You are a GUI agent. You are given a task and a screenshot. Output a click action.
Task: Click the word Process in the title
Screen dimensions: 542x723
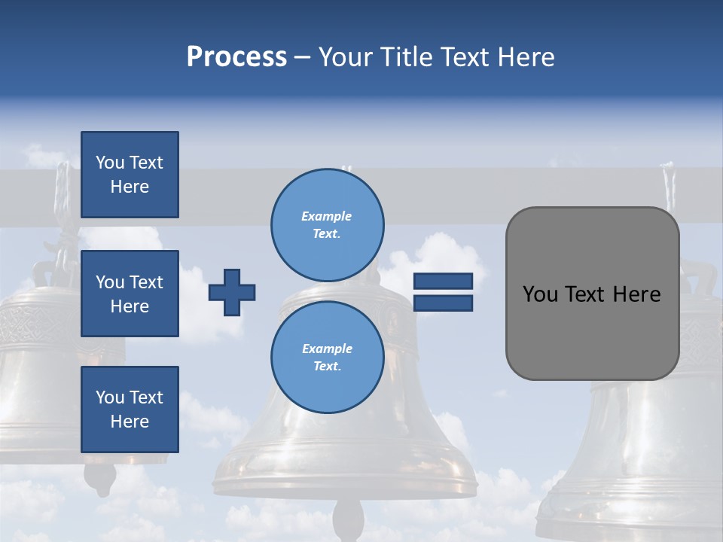(236, 57)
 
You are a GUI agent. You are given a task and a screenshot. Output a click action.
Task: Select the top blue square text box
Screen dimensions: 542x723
(130, 175)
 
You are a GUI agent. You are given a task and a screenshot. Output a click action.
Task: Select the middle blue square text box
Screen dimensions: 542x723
(130, 294)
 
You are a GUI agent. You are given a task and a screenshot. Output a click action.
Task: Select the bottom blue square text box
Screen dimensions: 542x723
(130, 410)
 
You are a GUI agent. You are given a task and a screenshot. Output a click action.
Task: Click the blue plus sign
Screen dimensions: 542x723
(232, 292)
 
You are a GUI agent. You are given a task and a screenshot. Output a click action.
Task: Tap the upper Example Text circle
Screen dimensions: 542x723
(327, 224)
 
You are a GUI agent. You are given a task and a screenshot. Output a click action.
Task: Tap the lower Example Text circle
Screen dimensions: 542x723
(327, 357)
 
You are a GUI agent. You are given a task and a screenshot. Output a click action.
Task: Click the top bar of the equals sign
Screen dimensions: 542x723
(443, 282)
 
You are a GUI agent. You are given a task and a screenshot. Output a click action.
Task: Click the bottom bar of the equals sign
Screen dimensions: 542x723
(443, 303)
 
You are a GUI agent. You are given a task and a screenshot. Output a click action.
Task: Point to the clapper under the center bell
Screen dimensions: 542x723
(348, 519)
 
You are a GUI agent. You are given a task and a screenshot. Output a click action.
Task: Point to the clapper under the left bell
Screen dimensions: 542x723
(100, 477)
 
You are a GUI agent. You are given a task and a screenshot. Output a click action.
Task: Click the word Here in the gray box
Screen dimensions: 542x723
(636, 294)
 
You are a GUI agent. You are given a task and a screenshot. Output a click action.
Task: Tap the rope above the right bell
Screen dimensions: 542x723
(669, 188)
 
